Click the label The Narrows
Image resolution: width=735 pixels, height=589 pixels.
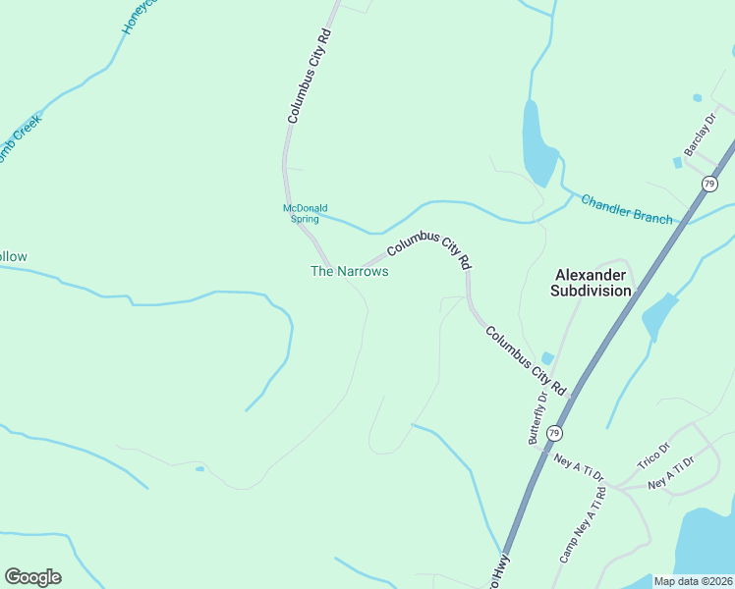[349, 271]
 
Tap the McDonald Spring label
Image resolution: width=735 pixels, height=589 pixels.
[305, 213]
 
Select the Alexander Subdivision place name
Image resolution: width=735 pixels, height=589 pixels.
[591, 283]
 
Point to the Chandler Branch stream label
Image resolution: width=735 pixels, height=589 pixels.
[627, 209]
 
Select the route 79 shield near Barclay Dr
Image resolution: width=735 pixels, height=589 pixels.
[709, 184]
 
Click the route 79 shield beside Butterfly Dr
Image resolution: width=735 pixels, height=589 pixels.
[555, 433]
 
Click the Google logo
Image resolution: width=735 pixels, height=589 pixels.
[32, 577]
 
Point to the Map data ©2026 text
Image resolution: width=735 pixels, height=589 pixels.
[693, 581]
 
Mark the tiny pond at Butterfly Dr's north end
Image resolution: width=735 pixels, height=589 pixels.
[547, 357]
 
